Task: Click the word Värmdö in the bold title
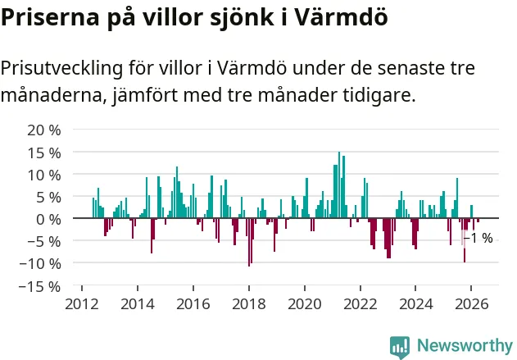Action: (x=340, y=17)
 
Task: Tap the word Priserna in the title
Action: (x=50, y=17)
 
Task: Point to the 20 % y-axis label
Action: (x=44, y=130)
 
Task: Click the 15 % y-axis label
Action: (x=44, y=153)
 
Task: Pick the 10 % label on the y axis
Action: (x=44, y=175)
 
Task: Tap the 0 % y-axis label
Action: (x=48, y=220)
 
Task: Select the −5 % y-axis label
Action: (x=40, y=242)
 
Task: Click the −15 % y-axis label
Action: (x=40, y=286)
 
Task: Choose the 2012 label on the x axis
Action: (x=82, y=304)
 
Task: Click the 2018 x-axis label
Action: (x=249, y=304)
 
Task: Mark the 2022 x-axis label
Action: (x=361, y=304)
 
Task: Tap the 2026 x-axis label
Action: (x=471, y=304)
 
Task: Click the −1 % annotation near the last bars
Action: (x=478, y=238)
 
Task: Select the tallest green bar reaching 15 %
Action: (x=339, y=185)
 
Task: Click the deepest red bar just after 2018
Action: (x=249, y=242)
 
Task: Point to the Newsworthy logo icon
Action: (x=400, y=347)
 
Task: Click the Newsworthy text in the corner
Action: (x=465, y=345)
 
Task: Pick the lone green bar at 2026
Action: (x=471, y=212)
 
